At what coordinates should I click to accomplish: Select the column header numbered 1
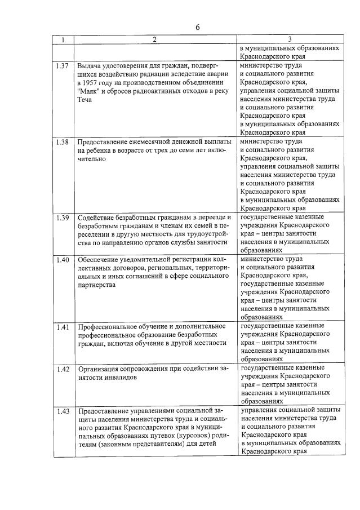coord(63,40)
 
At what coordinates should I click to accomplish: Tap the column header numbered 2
coord(154,40)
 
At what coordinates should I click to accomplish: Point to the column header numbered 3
coord(289,40)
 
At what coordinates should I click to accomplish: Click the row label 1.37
coord(63,66)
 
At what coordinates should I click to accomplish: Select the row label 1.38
coord(63,142)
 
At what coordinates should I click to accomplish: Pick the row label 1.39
coord(63,218)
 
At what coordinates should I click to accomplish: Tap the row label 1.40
coord(63,260)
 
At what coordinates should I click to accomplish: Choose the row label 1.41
coord(63,327)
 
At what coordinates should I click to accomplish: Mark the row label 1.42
coord(63,369)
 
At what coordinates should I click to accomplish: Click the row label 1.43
coord(63,411)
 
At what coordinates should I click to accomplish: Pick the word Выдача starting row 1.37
coord(90,66)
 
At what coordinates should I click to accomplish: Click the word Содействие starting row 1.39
coord(96,218)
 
